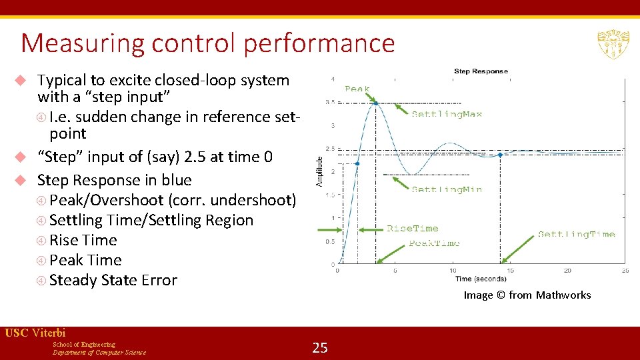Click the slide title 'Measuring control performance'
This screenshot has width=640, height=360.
coord(208,43)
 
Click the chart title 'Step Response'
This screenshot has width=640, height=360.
coord(481,71)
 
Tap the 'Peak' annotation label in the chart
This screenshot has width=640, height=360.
coord(357,89)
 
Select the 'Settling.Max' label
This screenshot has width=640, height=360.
coord(447,114)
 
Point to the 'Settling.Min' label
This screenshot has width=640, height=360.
coord(447,189)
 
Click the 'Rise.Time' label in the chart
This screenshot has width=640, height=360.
coord(413,229)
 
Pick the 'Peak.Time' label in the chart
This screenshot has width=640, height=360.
coord(434,243)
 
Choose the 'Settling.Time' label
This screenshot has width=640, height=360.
coord(576,234)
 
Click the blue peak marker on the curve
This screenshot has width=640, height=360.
coord(376,103)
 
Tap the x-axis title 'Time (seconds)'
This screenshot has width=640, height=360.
coord(481,279)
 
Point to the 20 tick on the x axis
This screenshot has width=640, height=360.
coord(567,271)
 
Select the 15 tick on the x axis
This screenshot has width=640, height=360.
coord(510,271)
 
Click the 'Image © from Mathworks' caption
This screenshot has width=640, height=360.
coord(527,295)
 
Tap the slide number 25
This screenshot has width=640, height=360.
coord(320,347)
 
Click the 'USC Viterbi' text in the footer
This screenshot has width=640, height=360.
coord(35,333)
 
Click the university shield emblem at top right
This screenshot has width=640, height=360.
coord(609,45)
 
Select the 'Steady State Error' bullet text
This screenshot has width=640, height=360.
coord(113,280)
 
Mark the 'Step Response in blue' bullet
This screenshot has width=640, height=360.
coord(114,180)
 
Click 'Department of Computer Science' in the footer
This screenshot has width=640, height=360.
coord(99,352)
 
